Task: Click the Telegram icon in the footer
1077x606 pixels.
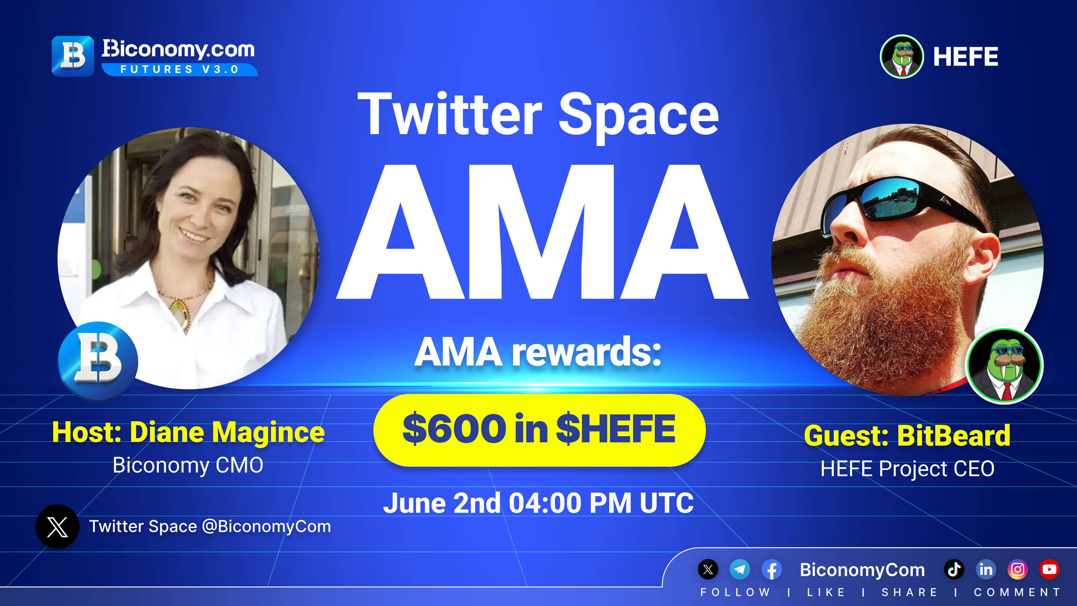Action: [740, 569]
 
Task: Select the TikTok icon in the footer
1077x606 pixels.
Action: [954, 569]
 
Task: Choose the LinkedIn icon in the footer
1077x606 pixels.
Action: [986, 569]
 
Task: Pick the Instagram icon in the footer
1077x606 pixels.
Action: [1018, 569]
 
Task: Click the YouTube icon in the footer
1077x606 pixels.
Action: [1049, 569]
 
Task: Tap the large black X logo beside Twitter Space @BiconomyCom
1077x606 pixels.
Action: [57, 526]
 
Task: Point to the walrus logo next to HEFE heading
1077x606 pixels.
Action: [902, 57]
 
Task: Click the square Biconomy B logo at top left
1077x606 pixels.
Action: [73, 56]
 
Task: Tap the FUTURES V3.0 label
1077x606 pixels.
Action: [180, 69]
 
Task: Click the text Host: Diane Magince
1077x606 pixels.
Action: [188, 432]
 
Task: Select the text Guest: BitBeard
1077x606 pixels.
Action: [907, 435]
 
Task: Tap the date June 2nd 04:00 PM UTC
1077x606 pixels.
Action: [538, 503]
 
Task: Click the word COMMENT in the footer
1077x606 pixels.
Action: [1017, 592]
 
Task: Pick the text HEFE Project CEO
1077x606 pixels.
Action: [907, 468]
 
